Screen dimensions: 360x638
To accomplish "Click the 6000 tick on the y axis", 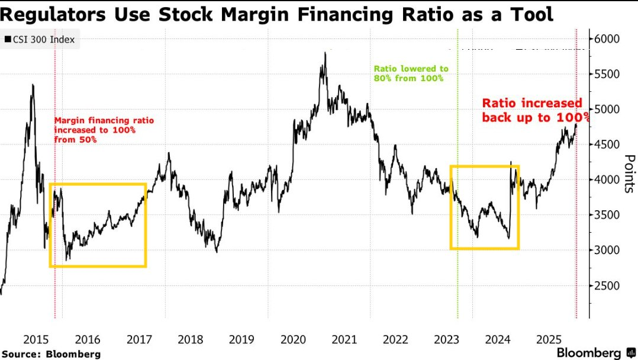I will coord(607,39).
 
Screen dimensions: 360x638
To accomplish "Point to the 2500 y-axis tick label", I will coord(607,286).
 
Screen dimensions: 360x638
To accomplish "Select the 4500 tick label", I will coord(607,145).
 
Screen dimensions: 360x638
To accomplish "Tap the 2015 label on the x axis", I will coord(36,339).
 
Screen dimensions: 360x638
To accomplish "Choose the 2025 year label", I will coord(549,339).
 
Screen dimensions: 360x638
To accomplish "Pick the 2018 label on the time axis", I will coord(190,339).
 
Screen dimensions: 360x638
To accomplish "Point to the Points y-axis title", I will coord(629,173).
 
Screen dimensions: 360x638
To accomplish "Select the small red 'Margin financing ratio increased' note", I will coord(104,130).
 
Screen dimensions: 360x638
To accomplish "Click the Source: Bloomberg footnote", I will coord(51,353).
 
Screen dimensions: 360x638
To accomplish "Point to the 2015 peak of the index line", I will coord(33,85).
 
